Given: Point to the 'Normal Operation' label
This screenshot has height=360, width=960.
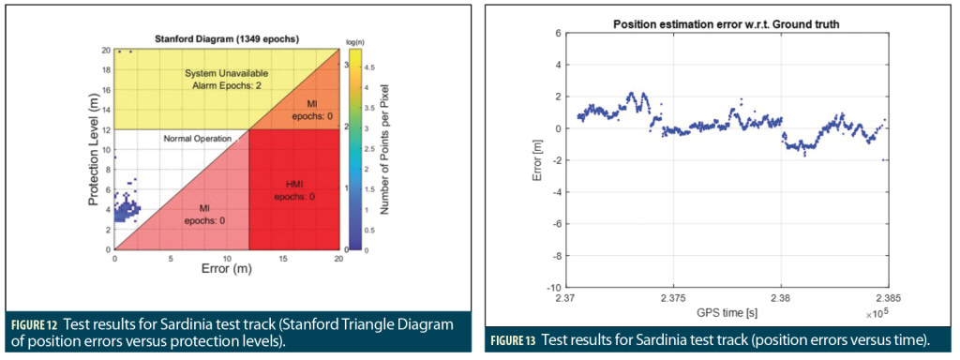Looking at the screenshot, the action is click(x=197, y=139).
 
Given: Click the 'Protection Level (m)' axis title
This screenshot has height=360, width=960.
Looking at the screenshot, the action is click(x=94, y=150).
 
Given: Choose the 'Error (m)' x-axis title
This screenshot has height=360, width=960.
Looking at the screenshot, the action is click(x=227, y=267).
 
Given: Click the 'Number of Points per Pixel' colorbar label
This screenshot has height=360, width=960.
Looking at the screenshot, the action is click(x=384, y=150).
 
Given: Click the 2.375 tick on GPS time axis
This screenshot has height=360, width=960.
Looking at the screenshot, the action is click(x=673, y=299).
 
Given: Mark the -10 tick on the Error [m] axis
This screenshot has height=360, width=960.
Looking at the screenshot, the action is click(x=553, y=287).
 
